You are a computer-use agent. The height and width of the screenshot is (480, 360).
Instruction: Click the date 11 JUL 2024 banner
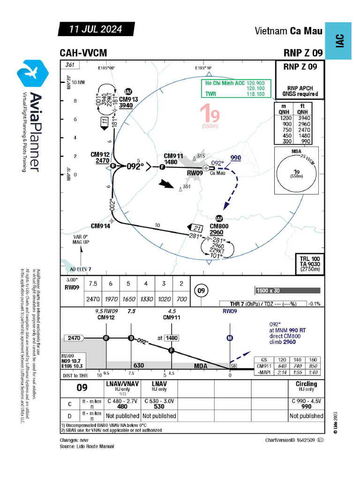(96, 29)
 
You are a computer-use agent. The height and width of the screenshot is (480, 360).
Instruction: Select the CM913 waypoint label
(128, 99)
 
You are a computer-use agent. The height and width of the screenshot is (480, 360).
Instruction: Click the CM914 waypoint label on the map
(100, 226)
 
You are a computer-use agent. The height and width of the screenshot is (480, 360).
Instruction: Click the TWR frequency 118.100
(255, 94)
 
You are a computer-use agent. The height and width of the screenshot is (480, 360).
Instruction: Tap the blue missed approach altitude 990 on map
(235, 158)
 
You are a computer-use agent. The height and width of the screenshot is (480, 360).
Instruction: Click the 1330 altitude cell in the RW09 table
(146, 299)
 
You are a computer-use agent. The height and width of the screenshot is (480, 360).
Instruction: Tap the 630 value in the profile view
(139, 365)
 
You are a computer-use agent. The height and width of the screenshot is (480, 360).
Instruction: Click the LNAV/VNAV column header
(121, 384)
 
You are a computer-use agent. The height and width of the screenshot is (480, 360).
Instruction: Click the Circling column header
(306, 384)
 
